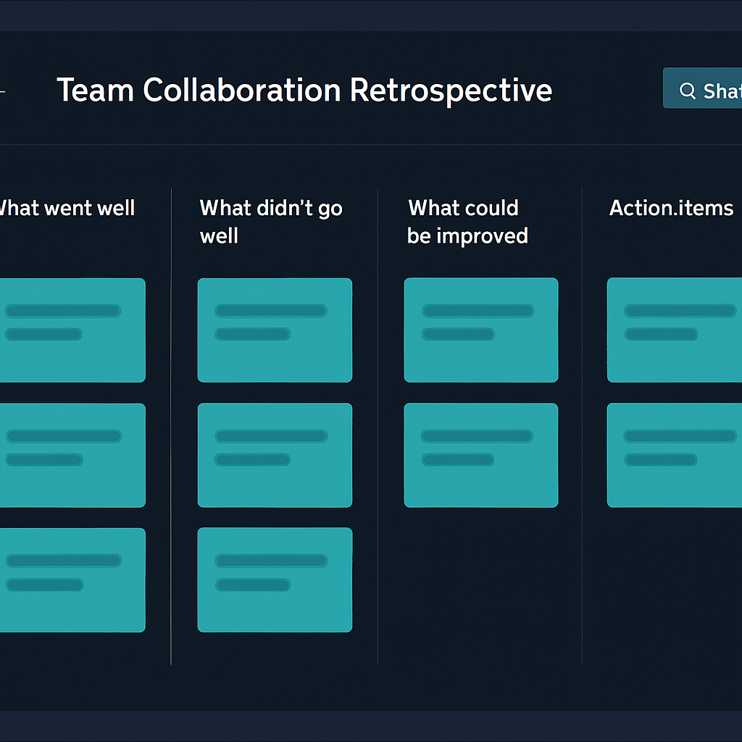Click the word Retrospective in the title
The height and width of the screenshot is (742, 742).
(x=451, y=91)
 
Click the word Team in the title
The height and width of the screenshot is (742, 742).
(x=95, y=90)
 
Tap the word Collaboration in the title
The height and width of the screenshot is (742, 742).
(x=242, y=90)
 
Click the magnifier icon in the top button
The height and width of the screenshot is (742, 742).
(x=688, y=91)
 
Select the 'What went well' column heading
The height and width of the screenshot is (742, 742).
(x=67, y=208)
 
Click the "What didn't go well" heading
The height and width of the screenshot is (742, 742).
(x=271, y=222)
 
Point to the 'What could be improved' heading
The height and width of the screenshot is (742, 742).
(x=467, y=222)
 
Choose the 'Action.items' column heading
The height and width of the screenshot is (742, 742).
(x=671, y=208)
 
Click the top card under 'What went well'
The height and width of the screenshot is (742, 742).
(x=72, y=330)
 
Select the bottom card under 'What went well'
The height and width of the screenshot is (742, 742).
(x=72, y=580)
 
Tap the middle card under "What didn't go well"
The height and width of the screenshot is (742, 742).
(x=275, y=455)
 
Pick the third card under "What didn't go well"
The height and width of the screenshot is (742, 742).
(x=275, y=580)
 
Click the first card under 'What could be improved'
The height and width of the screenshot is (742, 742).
(x=481, y=330)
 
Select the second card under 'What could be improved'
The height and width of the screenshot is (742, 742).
(x=481, y=455)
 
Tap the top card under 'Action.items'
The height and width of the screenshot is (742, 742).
(x=675, y=330)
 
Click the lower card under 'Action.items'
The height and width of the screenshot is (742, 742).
(x=675, y=455)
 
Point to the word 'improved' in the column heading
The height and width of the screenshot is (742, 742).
(x=482, y=236)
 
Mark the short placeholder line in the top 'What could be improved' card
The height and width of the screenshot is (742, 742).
(x=458, y=335)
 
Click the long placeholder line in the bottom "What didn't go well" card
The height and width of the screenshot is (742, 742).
(x=271, y=561)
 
